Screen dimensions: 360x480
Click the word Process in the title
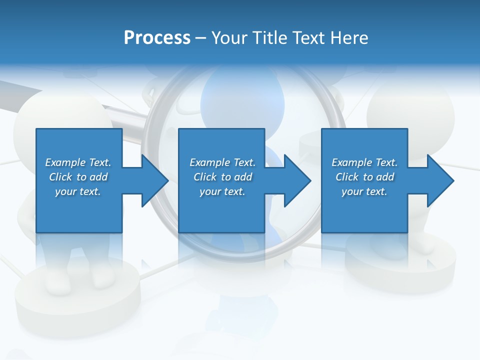157,38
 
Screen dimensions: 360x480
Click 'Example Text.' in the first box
78,162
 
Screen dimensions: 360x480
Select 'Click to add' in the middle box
222,177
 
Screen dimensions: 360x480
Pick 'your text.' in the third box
364,191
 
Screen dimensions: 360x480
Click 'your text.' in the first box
78,191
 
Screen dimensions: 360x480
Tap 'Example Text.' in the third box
364,162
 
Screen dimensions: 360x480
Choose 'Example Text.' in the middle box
222,162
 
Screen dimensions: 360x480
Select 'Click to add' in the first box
78,177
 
